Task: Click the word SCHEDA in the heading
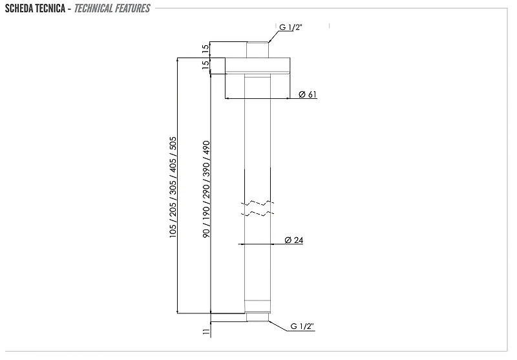pyautogui.click(x=19, y=8)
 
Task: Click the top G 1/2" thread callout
pyautogui.click(x=290, y=27)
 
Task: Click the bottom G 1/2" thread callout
pyautogui.click(x=302, y=326)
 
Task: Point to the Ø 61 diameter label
pyautogui.click(x=308, y=94)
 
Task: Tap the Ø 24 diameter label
pyautogui.click(x=294, y=240)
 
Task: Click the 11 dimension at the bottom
pyautogui.click(x=206, y=332)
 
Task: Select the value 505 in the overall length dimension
pyautogui.click(x=173, y=143)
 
